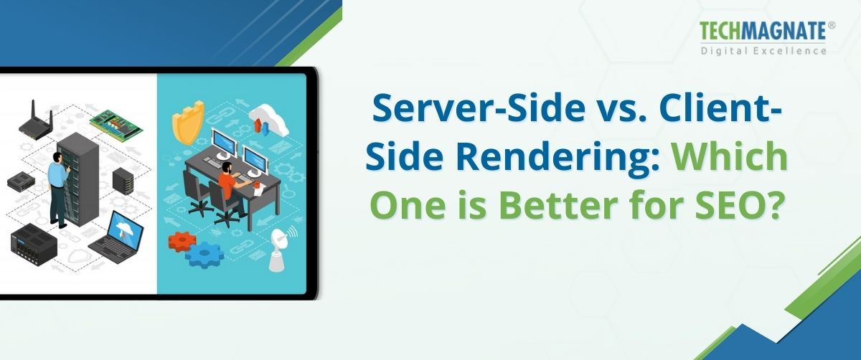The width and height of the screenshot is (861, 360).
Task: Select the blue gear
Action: tap(209, 254)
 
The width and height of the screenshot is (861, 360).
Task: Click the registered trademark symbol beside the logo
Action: tap(832, 24)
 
